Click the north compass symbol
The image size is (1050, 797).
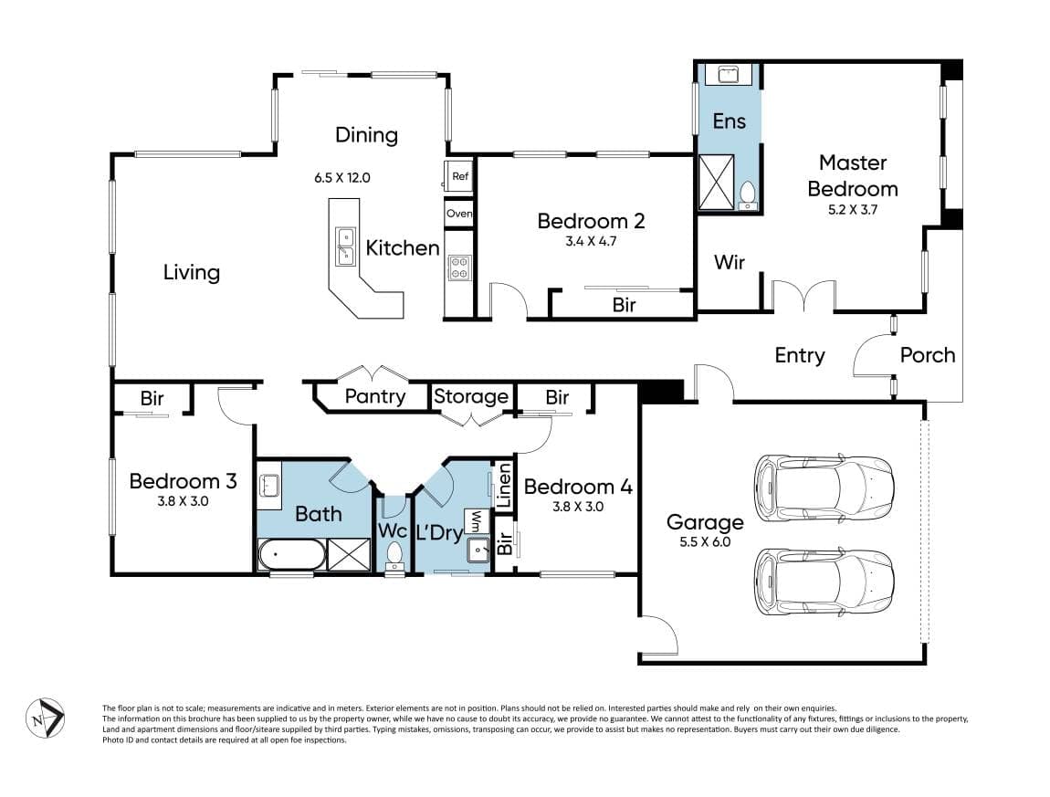coord(46,718)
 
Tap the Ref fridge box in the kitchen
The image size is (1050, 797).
coord(459,177)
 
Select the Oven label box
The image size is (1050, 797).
coord(458,214)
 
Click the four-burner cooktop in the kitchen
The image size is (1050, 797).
coord(459,267)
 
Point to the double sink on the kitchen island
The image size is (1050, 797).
coord(345,246)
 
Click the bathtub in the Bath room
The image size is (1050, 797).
coord(292,554)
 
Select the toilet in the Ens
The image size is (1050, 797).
coord(747,194)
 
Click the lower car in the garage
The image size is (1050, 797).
coord(824,581)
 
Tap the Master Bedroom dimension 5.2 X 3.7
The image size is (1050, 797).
coord(853,210)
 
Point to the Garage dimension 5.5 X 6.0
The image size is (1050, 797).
coord(705,542)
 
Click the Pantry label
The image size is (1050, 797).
coord(375,396)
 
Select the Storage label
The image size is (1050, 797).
coord(471,396)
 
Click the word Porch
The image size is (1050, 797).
coord(928,355)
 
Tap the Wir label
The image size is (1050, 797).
coord(730,262)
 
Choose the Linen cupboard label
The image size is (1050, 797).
coord(503,486)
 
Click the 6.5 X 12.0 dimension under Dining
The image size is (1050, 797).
coord(342,178)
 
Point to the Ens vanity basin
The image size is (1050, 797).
coord(728,74)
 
